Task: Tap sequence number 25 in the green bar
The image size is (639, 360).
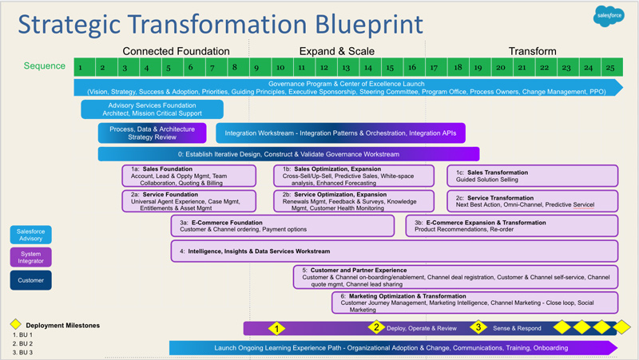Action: point(610,67)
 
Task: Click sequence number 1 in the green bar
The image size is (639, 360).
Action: point(81,67)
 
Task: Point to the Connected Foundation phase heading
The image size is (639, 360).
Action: point(176,51)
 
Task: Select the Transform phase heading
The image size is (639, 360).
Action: point(532,51)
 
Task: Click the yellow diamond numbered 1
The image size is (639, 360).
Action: point(276,328)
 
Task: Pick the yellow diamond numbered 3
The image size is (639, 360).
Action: point(478,327)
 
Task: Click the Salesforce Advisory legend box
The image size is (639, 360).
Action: point(31,235)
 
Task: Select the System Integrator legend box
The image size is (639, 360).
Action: point(31,257)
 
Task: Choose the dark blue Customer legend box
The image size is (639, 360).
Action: point(31,280)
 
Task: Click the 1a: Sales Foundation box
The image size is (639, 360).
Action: point(189,176)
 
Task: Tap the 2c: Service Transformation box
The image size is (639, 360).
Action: point(532,200)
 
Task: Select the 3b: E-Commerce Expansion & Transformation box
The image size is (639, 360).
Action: point(511,226)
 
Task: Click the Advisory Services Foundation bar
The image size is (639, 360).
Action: point(152,109)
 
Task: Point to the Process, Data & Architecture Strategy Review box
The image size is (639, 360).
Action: point(152,133)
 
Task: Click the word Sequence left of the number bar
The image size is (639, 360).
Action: point(44,66)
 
